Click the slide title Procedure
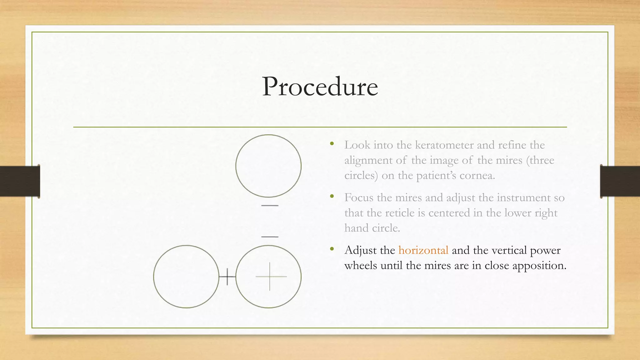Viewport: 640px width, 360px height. (x=320, y=87)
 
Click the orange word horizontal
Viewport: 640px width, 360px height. (x=423, y=250)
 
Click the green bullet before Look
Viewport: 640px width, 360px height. (x=332, y=144)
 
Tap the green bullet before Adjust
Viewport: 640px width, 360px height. (x=332, y=249)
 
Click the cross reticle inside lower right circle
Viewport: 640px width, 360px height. (x=270, y=277)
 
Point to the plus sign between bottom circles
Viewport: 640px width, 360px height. (x=227, y=277)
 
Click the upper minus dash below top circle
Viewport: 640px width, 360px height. (x=270, y=205)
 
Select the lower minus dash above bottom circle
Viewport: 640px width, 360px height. (x=270, y=237)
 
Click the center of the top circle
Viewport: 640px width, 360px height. (x=268, y=166)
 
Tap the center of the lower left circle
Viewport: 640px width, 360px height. (x=186, y=277)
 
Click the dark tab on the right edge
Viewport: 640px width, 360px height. (x=620, y=181)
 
